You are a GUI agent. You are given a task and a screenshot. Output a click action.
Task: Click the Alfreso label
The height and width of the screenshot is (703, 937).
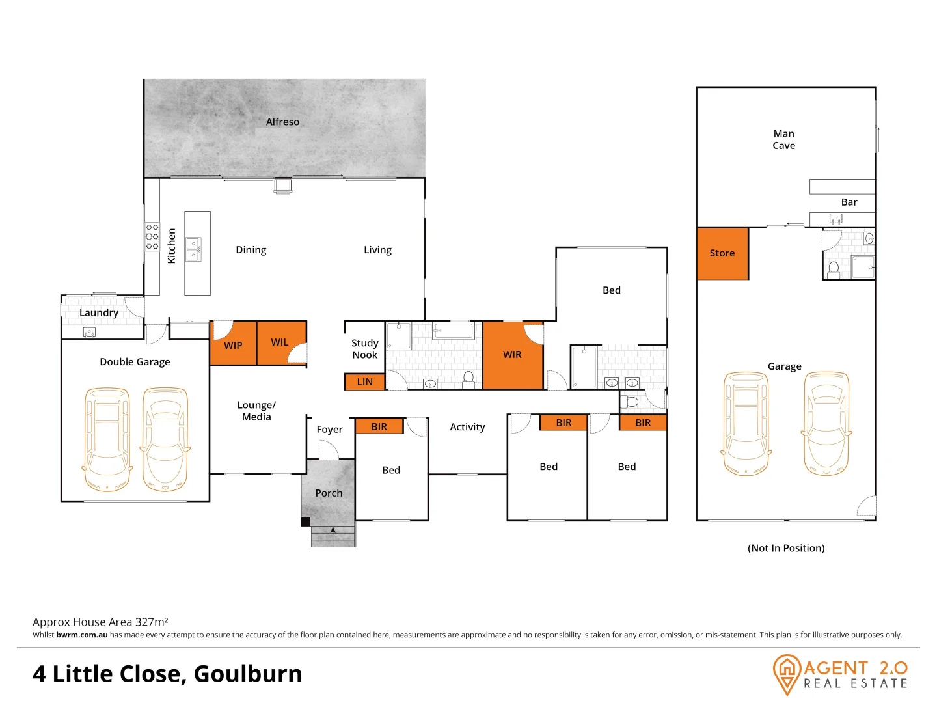pyautogui.click(x=282, y=122)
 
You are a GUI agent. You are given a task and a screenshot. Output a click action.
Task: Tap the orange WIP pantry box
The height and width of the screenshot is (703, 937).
pyautogui.click(x=233, y=344)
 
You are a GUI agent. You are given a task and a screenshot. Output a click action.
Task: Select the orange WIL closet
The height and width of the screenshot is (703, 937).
pyautogui.click(x=281, y=342)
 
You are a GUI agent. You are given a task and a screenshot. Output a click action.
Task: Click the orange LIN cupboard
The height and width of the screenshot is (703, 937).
pyautogui.click(x=365, y=382)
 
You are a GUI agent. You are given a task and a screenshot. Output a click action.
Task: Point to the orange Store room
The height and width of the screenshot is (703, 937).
pyautogui.click(x=722, y=253)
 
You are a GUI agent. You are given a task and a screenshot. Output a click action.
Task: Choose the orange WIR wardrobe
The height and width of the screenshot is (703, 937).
pyautogui.click(x=513, y=355)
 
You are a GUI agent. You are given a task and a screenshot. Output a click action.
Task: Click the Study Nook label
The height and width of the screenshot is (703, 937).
pyautogui.click(x=365, y=349)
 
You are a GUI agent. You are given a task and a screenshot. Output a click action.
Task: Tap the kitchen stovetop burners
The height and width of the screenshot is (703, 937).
pyautogui.click(x=152, y=237)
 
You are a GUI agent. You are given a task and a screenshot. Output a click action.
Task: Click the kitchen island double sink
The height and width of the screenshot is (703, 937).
pyautogui.click(x=194, y=249)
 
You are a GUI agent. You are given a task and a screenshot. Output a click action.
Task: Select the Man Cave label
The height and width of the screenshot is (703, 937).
pyautogui.click(x=784, y=140)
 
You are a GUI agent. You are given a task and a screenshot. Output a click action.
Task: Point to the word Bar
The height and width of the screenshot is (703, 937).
pyautogui.click(x=849, y=202)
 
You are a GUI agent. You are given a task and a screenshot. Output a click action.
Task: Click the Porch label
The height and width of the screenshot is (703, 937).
pyautogui.click(x=329, y=493)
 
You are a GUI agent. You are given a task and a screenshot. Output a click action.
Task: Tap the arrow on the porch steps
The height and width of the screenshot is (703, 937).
pyautogui.click(x=333, y=531)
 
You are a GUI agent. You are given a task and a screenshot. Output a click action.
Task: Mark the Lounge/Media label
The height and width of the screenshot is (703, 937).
pyautogui.click(x=256, y=411)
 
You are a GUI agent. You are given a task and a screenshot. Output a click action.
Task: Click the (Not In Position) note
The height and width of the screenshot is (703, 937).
pyautogui.click(x=786, y=548)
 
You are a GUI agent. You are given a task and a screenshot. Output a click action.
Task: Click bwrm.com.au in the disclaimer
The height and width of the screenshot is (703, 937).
pyautogui.click(x=82, y=635)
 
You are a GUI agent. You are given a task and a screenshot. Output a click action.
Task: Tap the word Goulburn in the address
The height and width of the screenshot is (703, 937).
pyautogui.click(x=248, y=674)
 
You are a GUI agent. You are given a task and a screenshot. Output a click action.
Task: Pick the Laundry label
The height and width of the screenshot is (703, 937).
pyautogui.click(x=99, y=312)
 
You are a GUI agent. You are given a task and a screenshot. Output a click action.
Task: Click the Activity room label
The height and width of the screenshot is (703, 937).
pyautogui.click(x=467, y=427)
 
